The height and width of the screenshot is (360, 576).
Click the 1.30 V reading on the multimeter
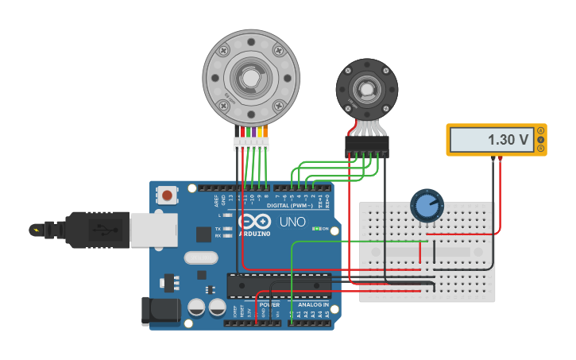point(508,140)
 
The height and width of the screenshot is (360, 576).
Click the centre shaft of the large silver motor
point(250,77)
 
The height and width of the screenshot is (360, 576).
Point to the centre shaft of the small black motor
point(366,89)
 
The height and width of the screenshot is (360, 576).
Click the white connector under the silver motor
point(251,145)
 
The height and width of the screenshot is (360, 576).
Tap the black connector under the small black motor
point(367,145)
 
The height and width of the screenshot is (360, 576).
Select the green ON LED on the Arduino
point(317,229)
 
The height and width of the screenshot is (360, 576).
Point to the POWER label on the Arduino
point(269,304)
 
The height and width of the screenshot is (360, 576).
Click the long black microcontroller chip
point(278,285)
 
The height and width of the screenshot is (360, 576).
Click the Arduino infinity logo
point(253,222)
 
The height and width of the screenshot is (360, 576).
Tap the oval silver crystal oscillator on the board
point(200,257)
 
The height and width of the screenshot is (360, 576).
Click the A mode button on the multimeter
point(541,130)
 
